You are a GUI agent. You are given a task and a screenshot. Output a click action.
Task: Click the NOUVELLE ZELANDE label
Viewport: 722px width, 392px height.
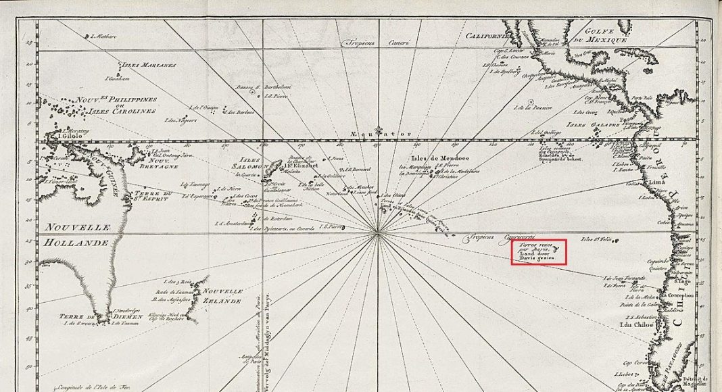[x=219, y=295]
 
